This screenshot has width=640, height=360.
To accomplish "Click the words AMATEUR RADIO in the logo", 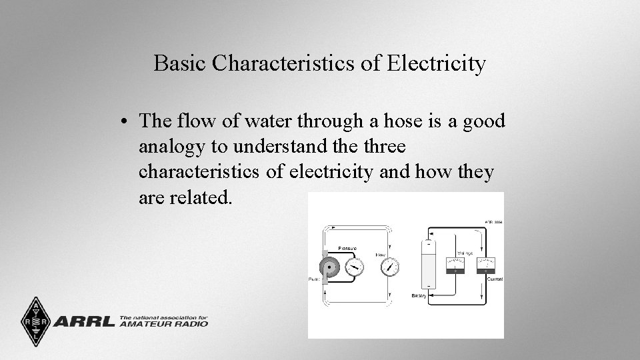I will [164, 325].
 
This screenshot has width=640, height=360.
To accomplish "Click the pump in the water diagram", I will [329, 267].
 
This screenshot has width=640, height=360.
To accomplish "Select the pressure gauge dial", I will [355, 267].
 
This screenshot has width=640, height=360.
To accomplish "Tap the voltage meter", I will [455, 265].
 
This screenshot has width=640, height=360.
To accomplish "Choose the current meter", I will [485, 265].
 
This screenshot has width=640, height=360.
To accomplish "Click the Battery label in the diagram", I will [419, 295].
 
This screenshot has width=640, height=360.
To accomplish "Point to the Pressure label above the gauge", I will [348, 249].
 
